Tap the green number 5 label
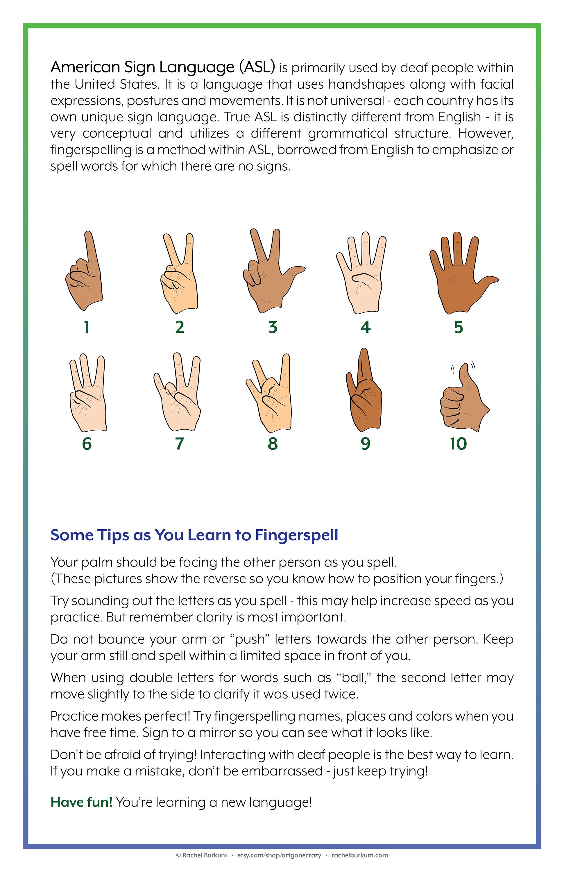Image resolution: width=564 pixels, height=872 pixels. click(x=458, y=327)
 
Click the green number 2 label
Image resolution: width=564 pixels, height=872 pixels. click(x=180, y=327)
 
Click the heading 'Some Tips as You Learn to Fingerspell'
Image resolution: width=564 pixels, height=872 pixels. click(x=194, y=535)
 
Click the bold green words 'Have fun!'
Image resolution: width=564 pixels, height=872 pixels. click(x=81, y=803)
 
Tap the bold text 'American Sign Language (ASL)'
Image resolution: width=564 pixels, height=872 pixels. click(x=163, y=67)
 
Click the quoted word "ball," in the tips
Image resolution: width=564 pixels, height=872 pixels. click(x=354, y=678)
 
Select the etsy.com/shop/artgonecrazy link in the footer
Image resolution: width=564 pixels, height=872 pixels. click(x=279, y=855)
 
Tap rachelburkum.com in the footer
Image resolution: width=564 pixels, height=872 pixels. click(x=360, y=855)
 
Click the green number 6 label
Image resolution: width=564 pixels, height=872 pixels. click(x=87, y=444)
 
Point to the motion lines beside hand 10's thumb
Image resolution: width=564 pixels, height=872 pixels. click(x=473, y=364)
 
